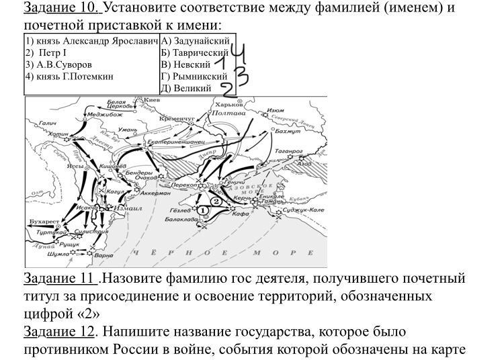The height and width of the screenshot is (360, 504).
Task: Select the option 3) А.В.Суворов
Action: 58,64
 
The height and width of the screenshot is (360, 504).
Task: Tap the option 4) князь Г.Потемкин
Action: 69,77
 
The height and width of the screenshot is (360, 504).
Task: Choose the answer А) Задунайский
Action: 196,41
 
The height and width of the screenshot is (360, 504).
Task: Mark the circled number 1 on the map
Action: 204,210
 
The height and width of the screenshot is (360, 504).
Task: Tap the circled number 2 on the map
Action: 216,201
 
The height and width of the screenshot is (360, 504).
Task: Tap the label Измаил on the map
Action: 127,208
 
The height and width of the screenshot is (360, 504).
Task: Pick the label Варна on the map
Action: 103,256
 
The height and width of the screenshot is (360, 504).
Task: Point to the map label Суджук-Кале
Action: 303,210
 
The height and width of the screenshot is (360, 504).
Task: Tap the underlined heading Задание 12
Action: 59,332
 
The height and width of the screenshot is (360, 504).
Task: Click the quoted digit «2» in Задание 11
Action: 97,314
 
